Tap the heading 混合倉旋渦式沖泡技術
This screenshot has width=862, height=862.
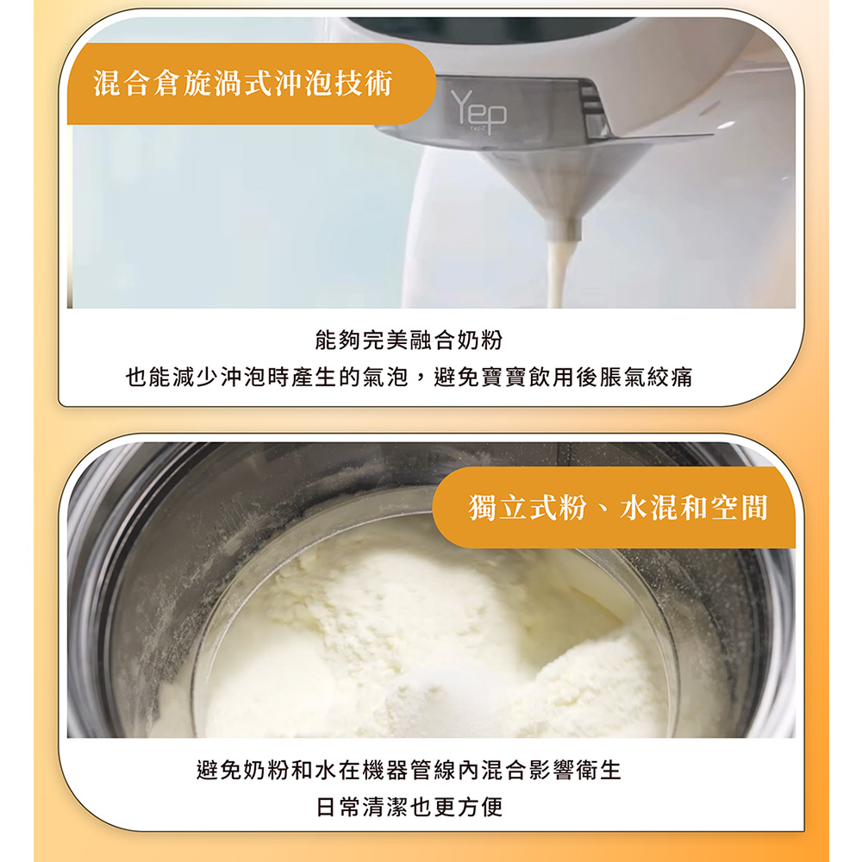243,84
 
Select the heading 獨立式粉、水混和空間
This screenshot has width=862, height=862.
618,508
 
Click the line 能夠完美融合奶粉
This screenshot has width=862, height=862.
409,340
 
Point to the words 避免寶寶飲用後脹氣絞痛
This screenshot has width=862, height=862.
564,378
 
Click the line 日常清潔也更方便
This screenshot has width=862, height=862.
409,807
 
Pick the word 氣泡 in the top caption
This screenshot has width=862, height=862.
385,378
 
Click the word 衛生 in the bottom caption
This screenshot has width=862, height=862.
599,770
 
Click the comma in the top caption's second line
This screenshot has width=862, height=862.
421,380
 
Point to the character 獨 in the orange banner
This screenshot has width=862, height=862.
483,508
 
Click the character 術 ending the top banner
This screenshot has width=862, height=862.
378,84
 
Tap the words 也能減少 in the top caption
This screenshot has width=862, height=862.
172,378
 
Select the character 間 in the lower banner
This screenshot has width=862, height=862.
753,508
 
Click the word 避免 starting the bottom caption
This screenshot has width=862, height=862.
219,770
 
